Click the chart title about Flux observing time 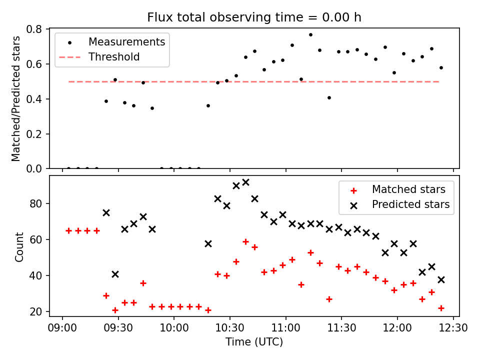254,17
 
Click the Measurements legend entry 126,42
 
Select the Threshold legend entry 114,57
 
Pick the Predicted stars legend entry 410,204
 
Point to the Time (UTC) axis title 254,342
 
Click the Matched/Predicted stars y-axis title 16,98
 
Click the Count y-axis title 19,247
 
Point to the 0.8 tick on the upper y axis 40,29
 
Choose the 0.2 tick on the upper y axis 40,134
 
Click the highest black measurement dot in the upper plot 310,34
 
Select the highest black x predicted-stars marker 245,182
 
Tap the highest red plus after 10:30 245,241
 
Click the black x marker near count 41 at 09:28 115,274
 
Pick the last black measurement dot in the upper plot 441,67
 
